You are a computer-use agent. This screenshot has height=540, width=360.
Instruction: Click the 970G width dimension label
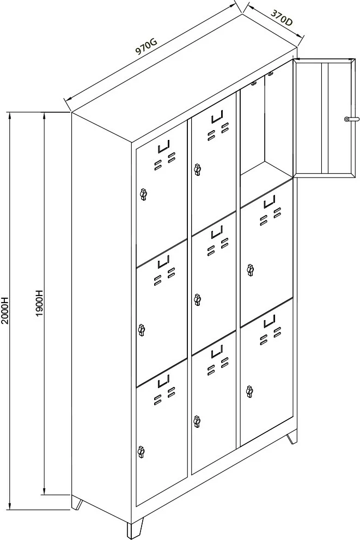click(147, 46)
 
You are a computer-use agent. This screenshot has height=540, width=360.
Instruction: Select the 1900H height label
click(39, 303)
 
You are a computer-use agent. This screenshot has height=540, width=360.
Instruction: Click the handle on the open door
click(351, 119)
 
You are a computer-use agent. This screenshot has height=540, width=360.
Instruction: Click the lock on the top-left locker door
click(143, 194)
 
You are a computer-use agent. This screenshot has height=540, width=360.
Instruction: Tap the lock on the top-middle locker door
click(197, 169)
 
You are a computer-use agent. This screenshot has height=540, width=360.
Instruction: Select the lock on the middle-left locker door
click(141, 330)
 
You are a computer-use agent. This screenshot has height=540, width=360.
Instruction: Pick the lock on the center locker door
click(197, 299)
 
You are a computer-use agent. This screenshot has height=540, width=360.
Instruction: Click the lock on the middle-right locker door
click(251, 269)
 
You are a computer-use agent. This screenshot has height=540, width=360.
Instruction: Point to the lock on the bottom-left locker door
click(141, 451)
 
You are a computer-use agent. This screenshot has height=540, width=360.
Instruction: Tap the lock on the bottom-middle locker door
click(197, 421)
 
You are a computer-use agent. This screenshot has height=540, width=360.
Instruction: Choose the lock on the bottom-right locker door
click(250, 391)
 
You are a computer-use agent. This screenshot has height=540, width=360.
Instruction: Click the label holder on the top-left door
click(164, 147)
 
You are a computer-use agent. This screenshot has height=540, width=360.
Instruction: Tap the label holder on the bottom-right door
click(270, 321)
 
